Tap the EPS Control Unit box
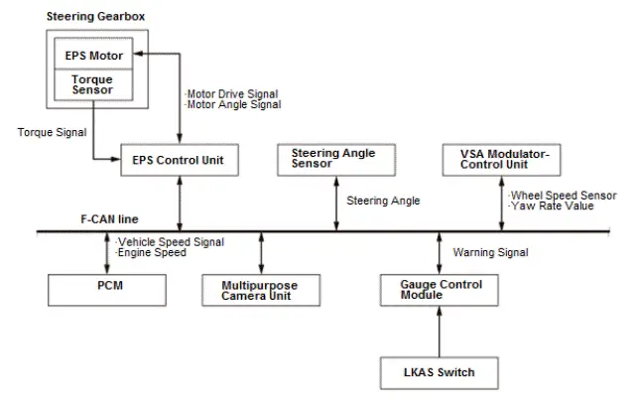point(179,160)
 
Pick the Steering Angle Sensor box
point(333,160)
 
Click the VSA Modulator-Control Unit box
point(504,159)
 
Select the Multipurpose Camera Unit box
point(260,290)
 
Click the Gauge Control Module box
point(440,290)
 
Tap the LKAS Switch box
point(440,372)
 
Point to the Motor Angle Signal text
point(232,104)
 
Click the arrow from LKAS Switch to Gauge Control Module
point(440,333)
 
